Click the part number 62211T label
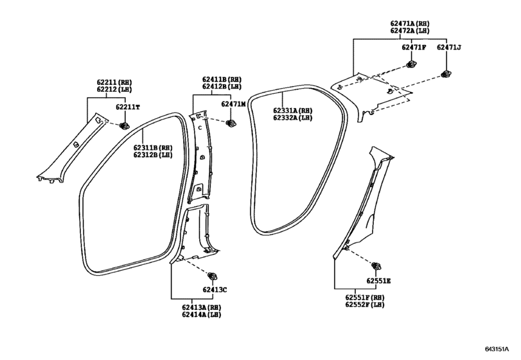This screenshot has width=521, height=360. click(x=128, y=107)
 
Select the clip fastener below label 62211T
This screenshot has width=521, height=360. click(x=124, y=125)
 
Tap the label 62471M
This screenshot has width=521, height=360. click(x=233, y=104)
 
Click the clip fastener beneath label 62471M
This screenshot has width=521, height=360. click(x=231, y=123)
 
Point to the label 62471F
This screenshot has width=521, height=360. click(x=414, y=47)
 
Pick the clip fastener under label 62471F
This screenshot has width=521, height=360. click(x=412, y=64)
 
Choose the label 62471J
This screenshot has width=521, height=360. click(x=449, y=47)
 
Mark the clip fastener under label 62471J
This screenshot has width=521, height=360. click(x=446, y=75)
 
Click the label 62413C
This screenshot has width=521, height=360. click(x=215, y=290)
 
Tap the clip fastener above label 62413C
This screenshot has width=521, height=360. click(x=212, y=276)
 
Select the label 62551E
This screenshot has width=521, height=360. click(x=379, y=281)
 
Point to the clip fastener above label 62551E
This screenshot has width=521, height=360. click(x=376, y=266)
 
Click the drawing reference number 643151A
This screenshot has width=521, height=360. click(x=497, y=349)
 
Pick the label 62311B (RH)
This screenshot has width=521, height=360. click(x=153, y=148)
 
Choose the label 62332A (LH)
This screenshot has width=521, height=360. click(x=293, y=118)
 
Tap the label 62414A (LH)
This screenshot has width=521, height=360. click(x=201, y=314)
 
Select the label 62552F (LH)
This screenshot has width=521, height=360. click(x=365, y=305)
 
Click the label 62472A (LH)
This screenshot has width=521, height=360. click(x=410, y=31)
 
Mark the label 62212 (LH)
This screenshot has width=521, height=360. click(x=114, y=89)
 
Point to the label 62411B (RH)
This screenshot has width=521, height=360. click(x=222, y=80)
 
